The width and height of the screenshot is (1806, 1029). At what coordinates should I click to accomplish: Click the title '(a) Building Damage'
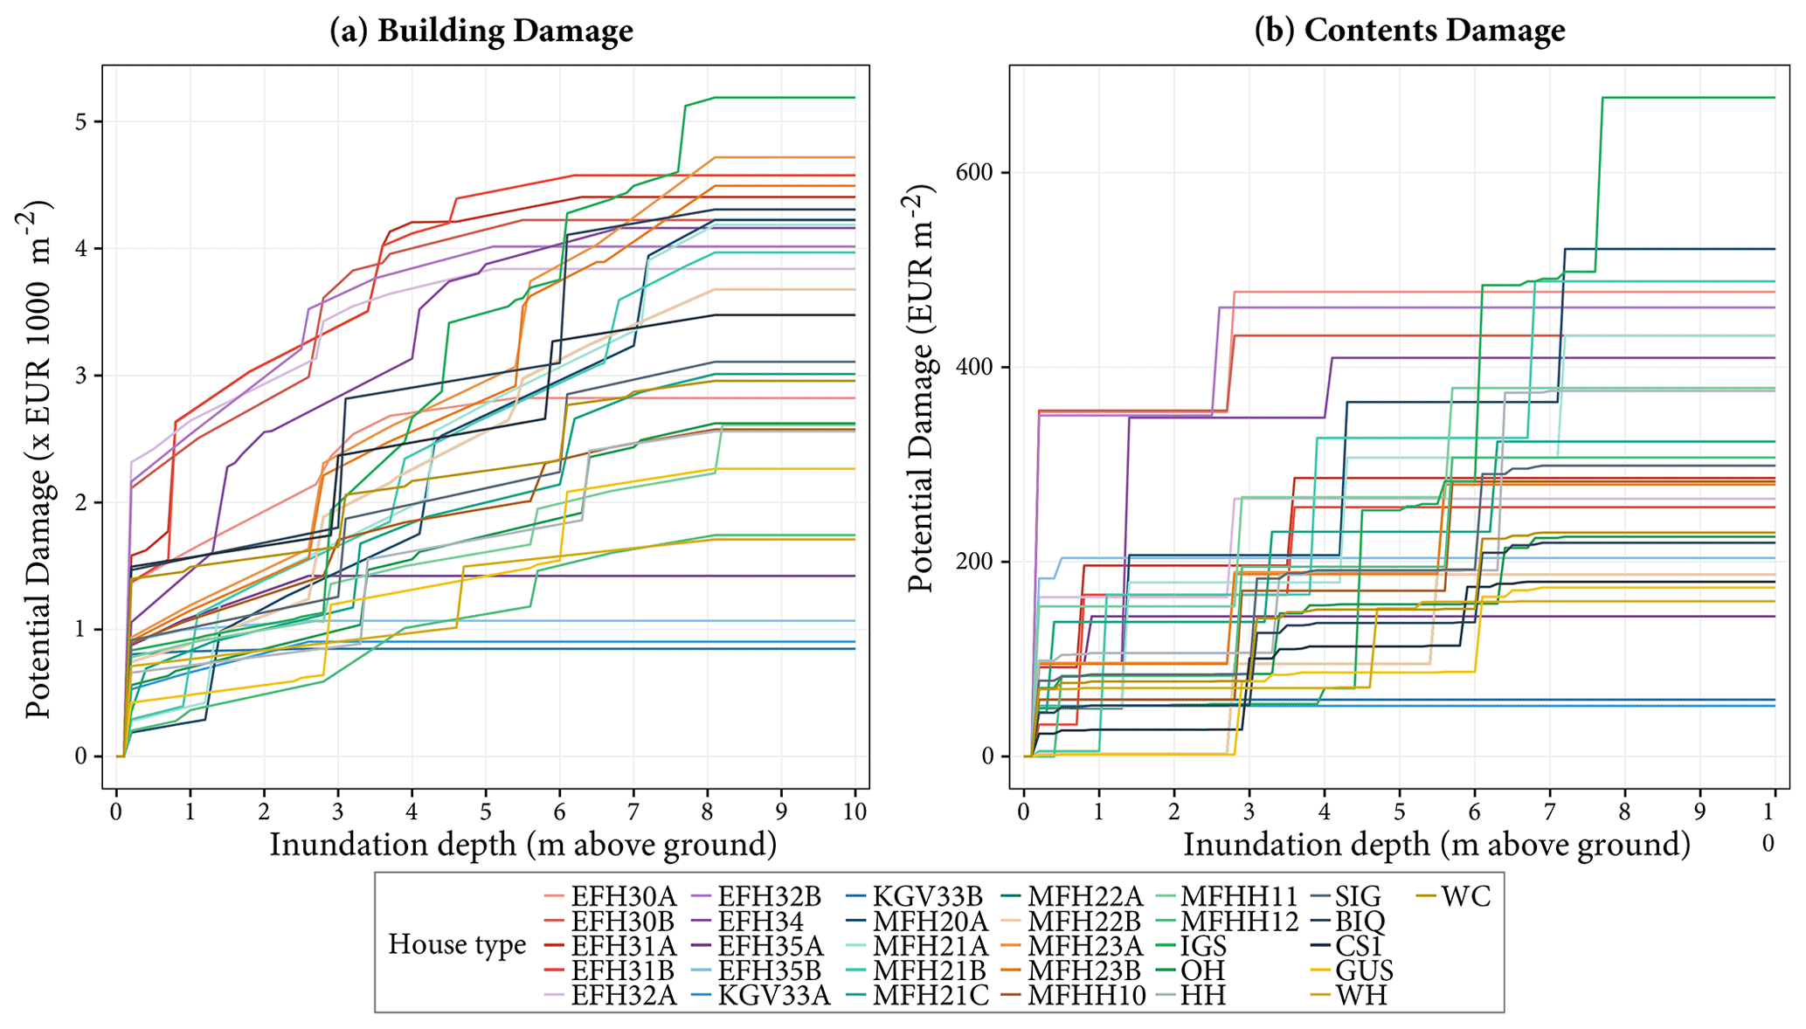tap(481, 31)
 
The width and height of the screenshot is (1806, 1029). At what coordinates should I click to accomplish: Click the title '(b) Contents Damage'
tap(1409, 31)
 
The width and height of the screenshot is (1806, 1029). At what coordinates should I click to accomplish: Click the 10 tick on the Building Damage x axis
tap(855, 812)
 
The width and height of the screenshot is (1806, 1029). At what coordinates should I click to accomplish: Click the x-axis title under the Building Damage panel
tap(522, 845)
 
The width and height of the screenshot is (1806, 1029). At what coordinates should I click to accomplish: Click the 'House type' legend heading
tap(456, 944)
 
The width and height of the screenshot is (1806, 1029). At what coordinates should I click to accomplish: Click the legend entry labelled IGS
tap(1203, 946)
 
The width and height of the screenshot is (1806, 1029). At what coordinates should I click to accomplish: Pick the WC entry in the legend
tap(1466, 896)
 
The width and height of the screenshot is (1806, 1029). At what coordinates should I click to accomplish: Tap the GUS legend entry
tap(1364, 970)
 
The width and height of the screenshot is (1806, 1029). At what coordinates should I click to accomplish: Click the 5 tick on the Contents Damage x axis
tap(1399, 812)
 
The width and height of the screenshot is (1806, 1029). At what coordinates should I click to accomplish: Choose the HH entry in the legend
tap(1203, 995)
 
